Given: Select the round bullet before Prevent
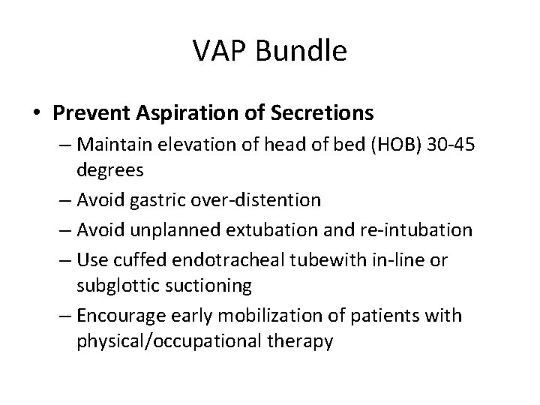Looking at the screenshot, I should tap(37, 113).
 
